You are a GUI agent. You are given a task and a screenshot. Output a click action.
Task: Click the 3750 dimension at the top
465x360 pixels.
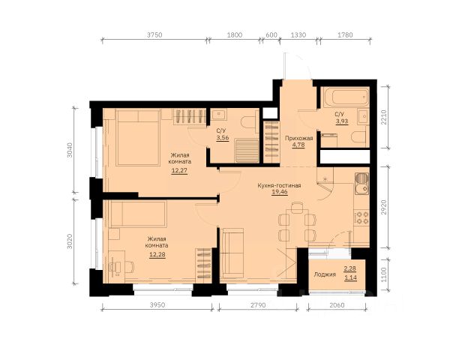click(x=154, y=34)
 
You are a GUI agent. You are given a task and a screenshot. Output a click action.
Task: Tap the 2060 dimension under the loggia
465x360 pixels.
click(x=337, y=304)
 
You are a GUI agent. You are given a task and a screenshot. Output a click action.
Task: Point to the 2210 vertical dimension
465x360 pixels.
click(x=384, y=117)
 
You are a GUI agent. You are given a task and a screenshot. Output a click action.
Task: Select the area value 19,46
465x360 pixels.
click(x=279, y=192)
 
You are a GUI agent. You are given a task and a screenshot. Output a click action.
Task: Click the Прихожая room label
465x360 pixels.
click(x=299, y=138)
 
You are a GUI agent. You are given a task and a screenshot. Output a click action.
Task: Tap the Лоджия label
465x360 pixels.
click(x=325, y=274)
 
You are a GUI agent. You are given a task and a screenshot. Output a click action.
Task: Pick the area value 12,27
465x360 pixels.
click(x=179, y=170)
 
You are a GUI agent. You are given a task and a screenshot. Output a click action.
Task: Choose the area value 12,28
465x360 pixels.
click(x=157, y=254)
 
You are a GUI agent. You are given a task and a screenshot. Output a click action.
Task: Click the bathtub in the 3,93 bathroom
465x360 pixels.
click(x=346, y=97)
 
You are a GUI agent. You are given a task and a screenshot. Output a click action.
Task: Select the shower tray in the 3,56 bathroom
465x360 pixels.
click(x=247, y=151)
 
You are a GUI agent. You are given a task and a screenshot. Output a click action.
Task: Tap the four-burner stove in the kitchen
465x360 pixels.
click(x=361, y=217)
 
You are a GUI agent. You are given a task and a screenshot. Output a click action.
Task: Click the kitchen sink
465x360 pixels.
click(x=361, y=184)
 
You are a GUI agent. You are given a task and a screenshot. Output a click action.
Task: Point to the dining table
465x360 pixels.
click(x=297, y=226)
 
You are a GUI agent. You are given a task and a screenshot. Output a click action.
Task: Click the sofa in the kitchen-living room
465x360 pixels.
click(x=233, y=253)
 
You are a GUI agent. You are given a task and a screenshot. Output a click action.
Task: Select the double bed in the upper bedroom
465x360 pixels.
click(x=138, y=137)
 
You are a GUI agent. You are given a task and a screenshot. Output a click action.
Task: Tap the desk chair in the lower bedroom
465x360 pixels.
click(x=129, y=267)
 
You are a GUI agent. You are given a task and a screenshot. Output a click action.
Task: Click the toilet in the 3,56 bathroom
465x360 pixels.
click(x=248, y=122)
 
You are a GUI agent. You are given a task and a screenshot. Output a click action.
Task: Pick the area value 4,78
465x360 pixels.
click(x=298, y=145)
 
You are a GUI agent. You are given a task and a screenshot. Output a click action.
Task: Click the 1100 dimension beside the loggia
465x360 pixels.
click(x=384, y=275)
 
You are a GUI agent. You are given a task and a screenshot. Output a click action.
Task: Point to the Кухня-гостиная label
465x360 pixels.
click(x=279, y=186)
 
